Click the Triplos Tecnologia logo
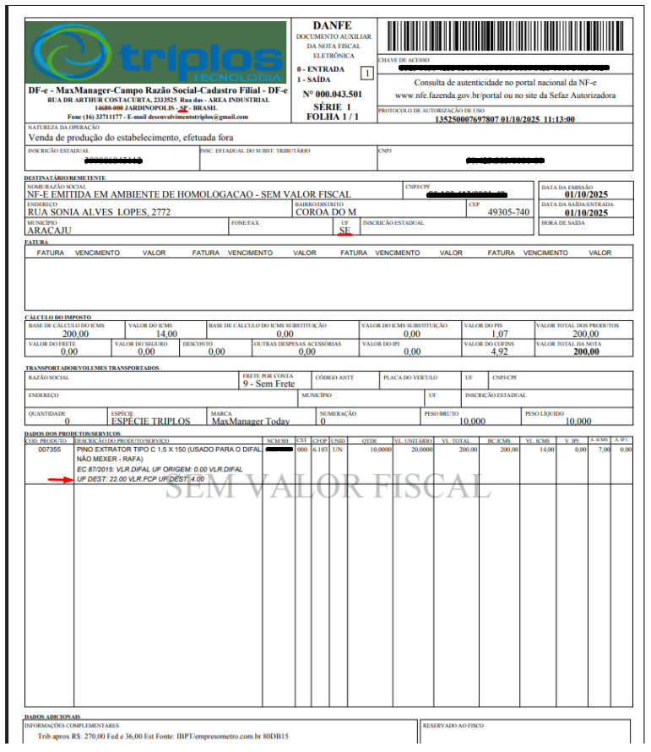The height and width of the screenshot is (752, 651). pos(156,52)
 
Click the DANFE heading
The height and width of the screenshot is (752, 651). pos(331,26)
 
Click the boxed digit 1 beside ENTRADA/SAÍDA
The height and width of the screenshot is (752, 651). pos(366,73)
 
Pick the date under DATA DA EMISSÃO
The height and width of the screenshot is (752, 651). pos(587,195)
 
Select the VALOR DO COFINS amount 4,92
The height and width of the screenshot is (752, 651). pos(499,352)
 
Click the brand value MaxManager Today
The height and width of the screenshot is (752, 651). pos(250,421)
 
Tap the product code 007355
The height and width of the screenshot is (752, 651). pos(50,450)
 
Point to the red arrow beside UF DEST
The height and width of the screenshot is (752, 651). pos(60,479)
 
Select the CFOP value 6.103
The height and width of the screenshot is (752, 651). pos(319,450)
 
